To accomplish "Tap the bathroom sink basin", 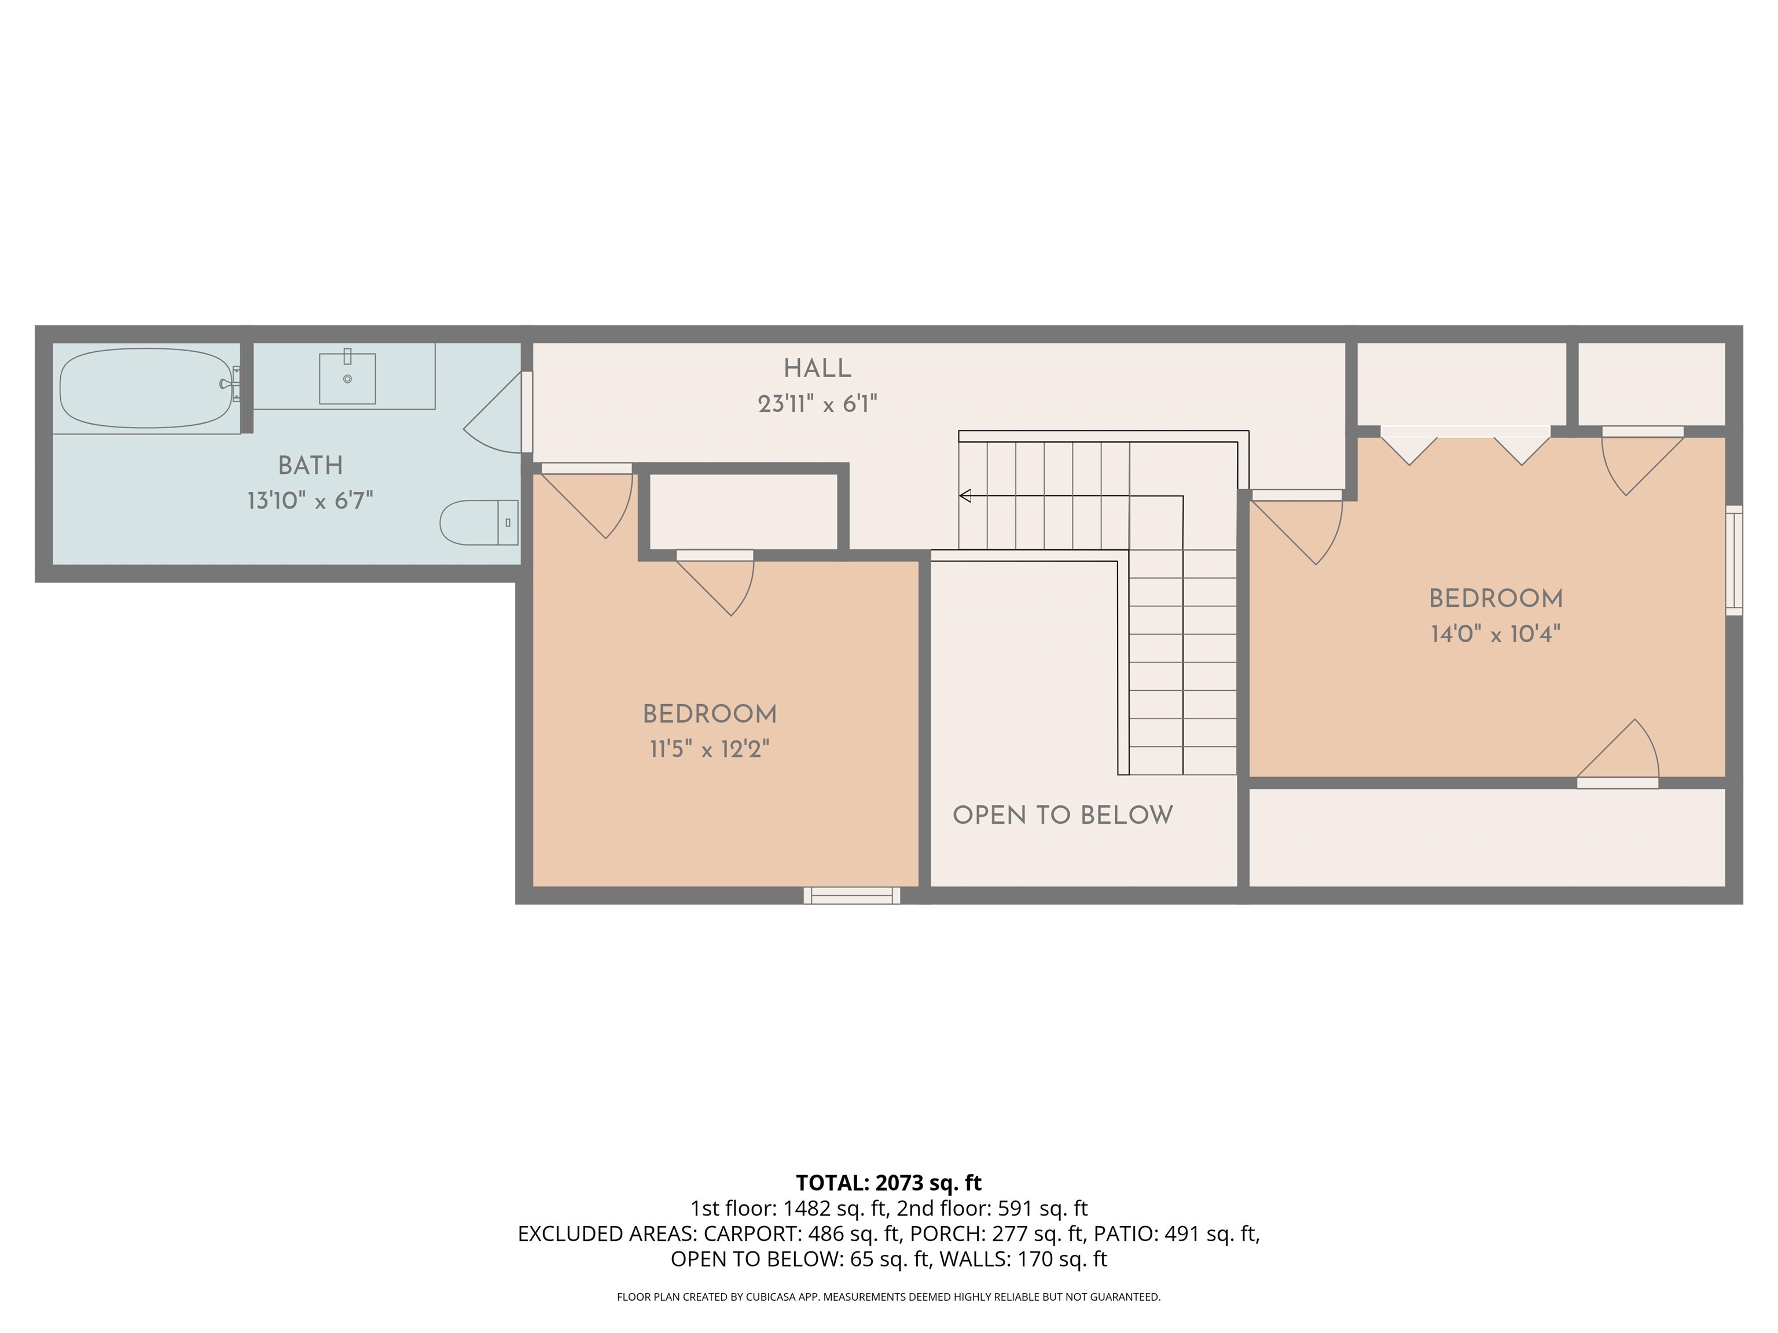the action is click(x=347, y=378).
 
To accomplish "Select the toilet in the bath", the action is click(x=479, y=522).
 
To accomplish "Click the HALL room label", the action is click(x=817, y=369).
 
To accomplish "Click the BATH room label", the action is click(x=310, y=466).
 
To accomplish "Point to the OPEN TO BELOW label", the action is click(x=1063, y=816).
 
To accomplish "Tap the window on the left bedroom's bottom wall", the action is click(x=852, y=895).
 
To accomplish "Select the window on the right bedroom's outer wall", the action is click(x=1735, y=560).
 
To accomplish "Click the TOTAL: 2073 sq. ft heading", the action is click(x=888, y=1183).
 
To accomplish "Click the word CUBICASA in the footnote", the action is click(x=772, y=1297).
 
